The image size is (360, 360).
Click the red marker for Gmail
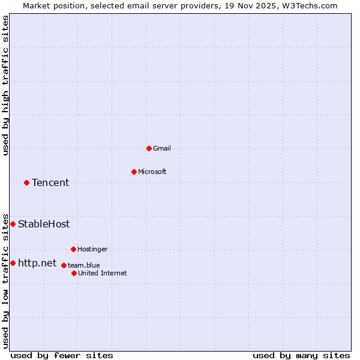tap(149, 148)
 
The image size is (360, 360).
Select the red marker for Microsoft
tap(134, 172)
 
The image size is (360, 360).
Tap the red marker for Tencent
tap(26, 182)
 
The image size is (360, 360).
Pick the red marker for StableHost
tap(13, 224)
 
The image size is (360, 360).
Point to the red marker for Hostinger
tap(73, 249)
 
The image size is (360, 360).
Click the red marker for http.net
tap(13, 263)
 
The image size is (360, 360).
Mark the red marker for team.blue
tap(64, 265)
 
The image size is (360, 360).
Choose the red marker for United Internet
tap(74, 273)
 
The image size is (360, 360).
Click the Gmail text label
tap(162, 148)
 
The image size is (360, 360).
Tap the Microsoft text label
tap(152, 172)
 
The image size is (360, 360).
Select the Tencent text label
tap(50, 182)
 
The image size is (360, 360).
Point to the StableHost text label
tap(44, 224)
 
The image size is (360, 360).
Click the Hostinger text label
tap(92, 249)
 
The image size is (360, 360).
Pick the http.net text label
tap(37, 263)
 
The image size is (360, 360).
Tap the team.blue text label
tap(83, 265)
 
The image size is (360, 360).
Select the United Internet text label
tap(102, 273)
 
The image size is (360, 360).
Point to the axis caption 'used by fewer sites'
tap(62, 355)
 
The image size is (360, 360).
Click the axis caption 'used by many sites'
tap(301, 355)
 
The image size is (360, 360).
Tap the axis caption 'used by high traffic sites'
tap(5, 85)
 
